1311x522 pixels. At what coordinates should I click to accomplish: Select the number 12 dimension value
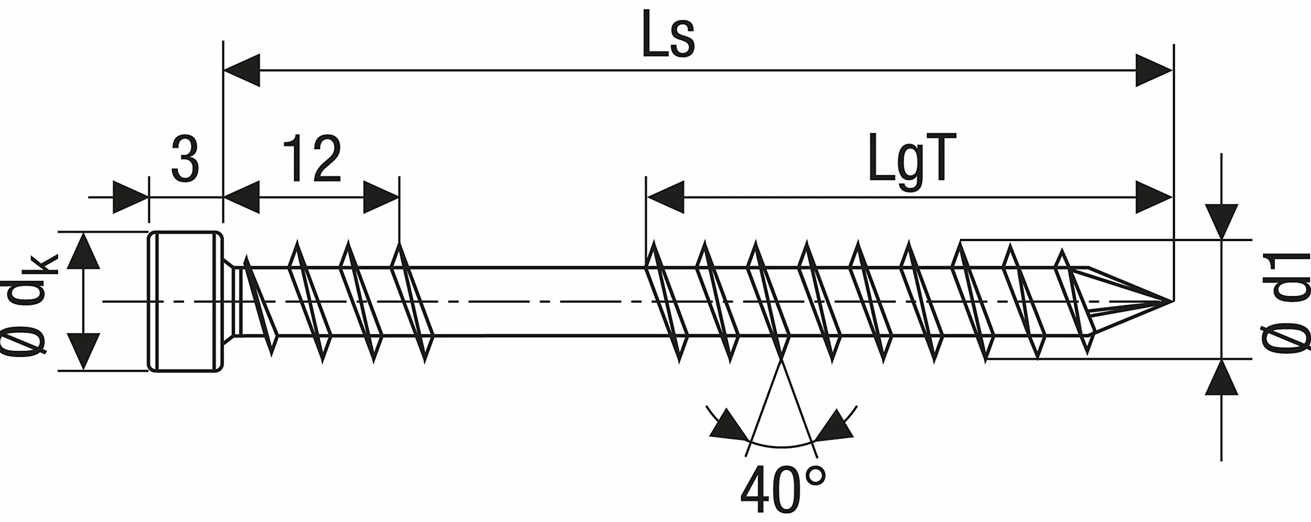[x=312, y=159]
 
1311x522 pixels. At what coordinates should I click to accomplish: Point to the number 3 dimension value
[x=185, y=160]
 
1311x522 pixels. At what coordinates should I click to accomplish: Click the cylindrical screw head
[x=186, y=301]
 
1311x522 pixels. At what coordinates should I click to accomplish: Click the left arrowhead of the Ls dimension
[x=241, y=70]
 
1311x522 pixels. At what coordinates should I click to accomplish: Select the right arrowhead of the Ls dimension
[x=1154, y=70]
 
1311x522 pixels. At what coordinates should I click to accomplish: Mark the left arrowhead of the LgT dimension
[x=665, y=197]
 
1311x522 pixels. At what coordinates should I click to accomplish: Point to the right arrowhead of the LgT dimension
[x=1154, y=197]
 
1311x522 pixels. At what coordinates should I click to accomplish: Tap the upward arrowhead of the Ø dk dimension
[x=84, y=252]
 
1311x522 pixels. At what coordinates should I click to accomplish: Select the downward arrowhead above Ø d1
[x=1222, y=221]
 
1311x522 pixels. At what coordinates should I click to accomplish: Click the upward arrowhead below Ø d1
[x=1222, y=377]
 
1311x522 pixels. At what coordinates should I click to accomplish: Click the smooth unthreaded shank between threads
[x=538, y=301]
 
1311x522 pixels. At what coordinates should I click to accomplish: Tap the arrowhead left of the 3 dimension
[x=131, y=197]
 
